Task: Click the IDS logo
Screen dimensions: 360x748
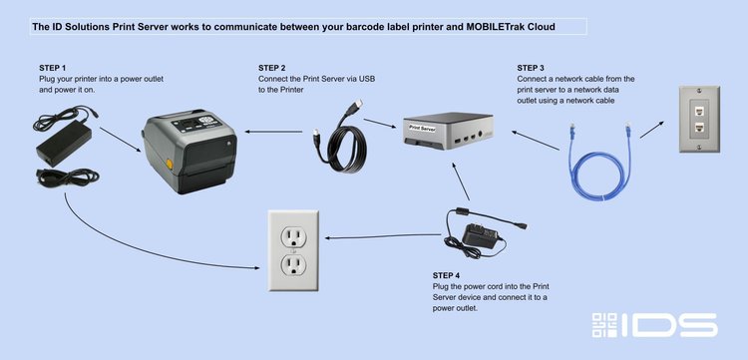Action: click(x=654, y=324)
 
